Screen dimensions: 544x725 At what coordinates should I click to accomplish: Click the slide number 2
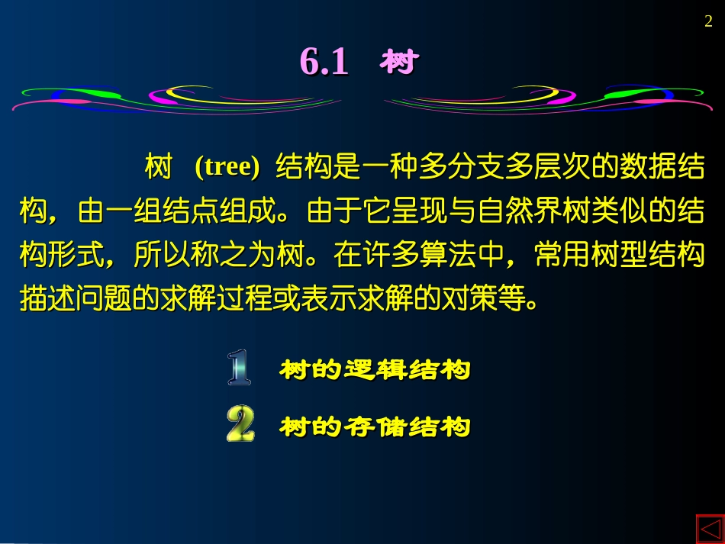(x=707, y=23)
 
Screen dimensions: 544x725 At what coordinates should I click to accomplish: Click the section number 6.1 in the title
(x=324, y=62)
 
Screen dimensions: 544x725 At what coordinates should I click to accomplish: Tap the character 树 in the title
(x=398, y=62)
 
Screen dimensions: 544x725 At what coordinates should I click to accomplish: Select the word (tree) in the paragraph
(x=227, y=167)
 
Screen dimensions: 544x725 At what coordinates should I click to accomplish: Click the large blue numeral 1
(x=239, y=367)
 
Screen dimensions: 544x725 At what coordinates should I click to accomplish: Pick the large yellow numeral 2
(x=240, y=424)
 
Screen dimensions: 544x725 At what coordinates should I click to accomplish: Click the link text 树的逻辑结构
(x=375, y=371)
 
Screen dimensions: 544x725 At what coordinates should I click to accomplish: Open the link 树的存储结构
(x=375, y=427)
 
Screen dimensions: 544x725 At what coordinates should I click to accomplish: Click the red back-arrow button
(x=709, y=529)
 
